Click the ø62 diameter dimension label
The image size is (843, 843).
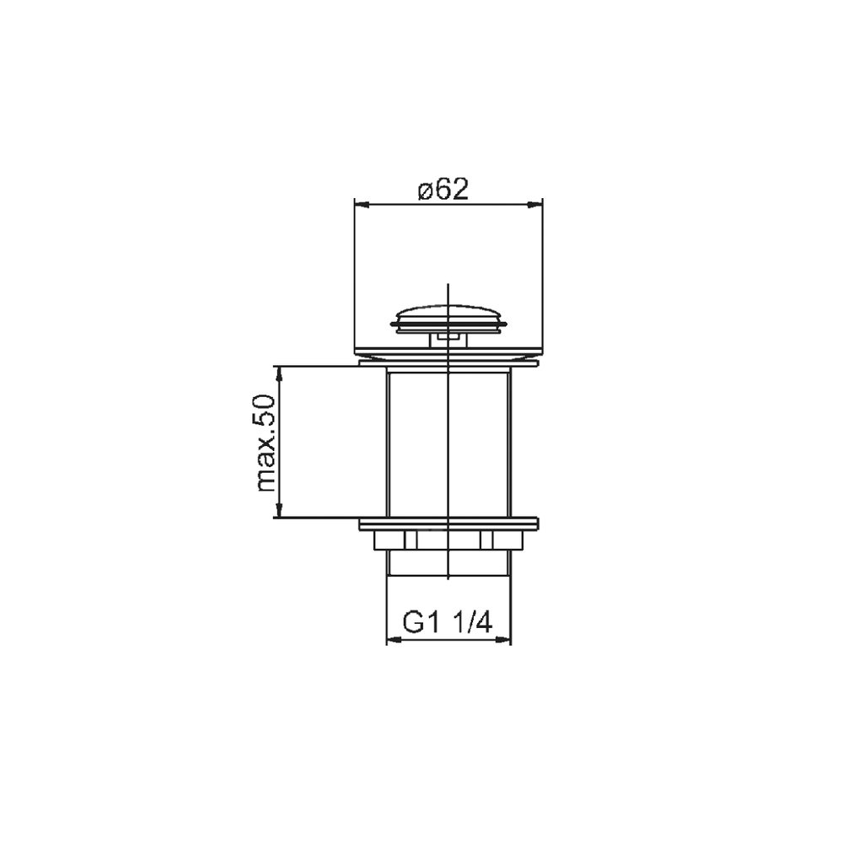(443, 190)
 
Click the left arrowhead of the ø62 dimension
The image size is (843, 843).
(362, 204)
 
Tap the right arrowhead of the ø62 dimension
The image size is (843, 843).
(535, 204)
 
